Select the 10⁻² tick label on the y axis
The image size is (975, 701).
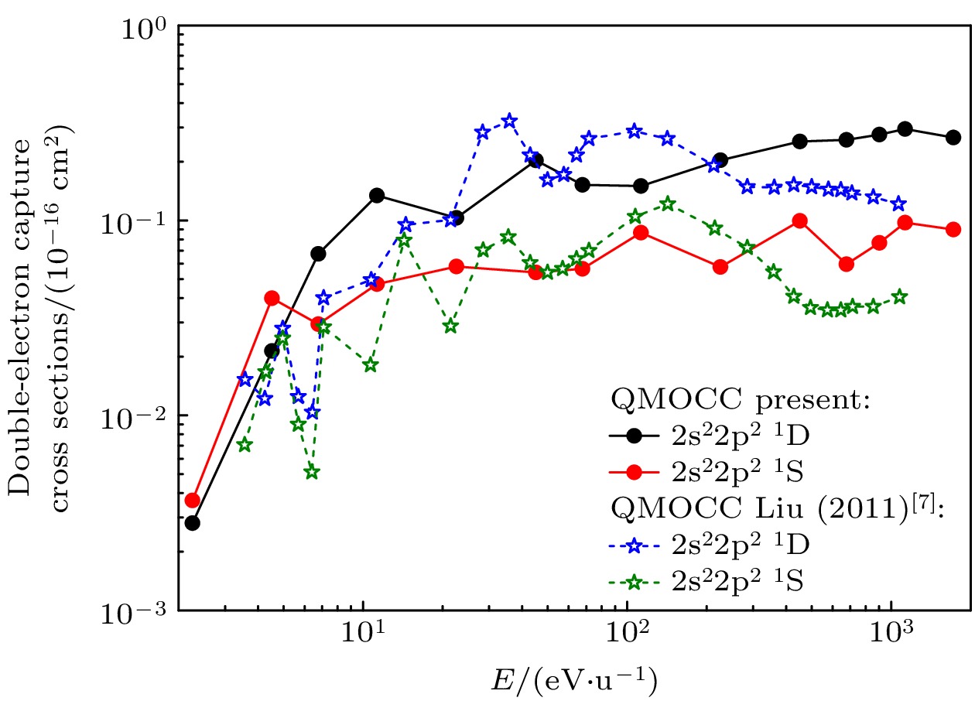[x=140, y=418]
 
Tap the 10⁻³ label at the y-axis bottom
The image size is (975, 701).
[x=140, y=613]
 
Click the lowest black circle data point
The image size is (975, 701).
[x=193, y=523]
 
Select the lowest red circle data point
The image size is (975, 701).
[x=193, y=501]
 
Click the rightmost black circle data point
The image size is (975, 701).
[x=953, y=137]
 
